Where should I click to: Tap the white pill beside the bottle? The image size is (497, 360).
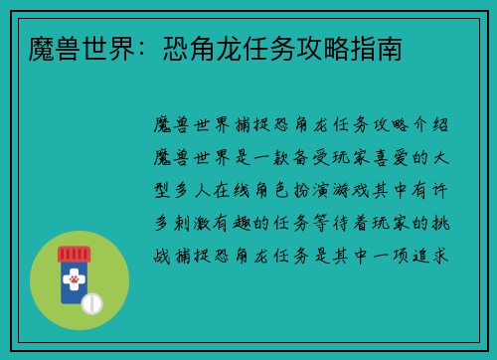click(x=91, y=302)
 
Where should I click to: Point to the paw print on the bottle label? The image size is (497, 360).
click(x=73, y=281)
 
